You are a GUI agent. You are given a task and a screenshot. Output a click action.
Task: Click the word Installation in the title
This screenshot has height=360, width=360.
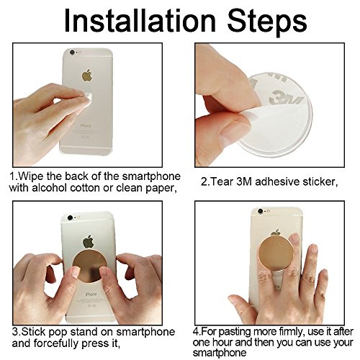140,21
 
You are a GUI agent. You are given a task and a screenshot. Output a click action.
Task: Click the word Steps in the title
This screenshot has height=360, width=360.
267,23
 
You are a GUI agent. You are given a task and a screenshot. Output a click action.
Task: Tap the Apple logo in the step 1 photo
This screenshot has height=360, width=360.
87,75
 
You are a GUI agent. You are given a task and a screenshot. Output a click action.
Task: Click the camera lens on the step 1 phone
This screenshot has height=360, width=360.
72,52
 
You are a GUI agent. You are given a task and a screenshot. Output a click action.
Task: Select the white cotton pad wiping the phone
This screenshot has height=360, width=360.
86,99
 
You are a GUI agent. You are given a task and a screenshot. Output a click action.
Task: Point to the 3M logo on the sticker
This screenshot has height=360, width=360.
286,97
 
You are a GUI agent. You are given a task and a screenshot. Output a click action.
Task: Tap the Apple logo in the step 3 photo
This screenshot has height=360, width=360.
89,242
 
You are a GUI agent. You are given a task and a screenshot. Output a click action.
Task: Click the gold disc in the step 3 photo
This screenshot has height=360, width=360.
89,266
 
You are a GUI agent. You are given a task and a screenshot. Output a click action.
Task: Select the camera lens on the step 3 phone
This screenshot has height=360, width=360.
70,218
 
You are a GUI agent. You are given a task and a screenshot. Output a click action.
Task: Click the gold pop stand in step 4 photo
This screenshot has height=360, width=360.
276,253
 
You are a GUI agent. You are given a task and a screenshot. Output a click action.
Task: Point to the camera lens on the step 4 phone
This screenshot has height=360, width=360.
260,212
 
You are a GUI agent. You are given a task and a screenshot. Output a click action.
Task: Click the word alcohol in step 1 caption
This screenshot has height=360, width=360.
50,188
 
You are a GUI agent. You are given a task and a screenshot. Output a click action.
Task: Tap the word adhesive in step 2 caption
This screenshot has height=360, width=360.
278,181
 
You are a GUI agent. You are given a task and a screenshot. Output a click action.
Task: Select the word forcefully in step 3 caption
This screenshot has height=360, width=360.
56,343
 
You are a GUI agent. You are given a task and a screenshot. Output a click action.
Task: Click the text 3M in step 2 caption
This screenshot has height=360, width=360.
244,181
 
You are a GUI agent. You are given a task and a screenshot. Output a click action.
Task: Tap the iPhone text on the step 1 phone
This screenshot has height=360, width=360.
86,125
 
